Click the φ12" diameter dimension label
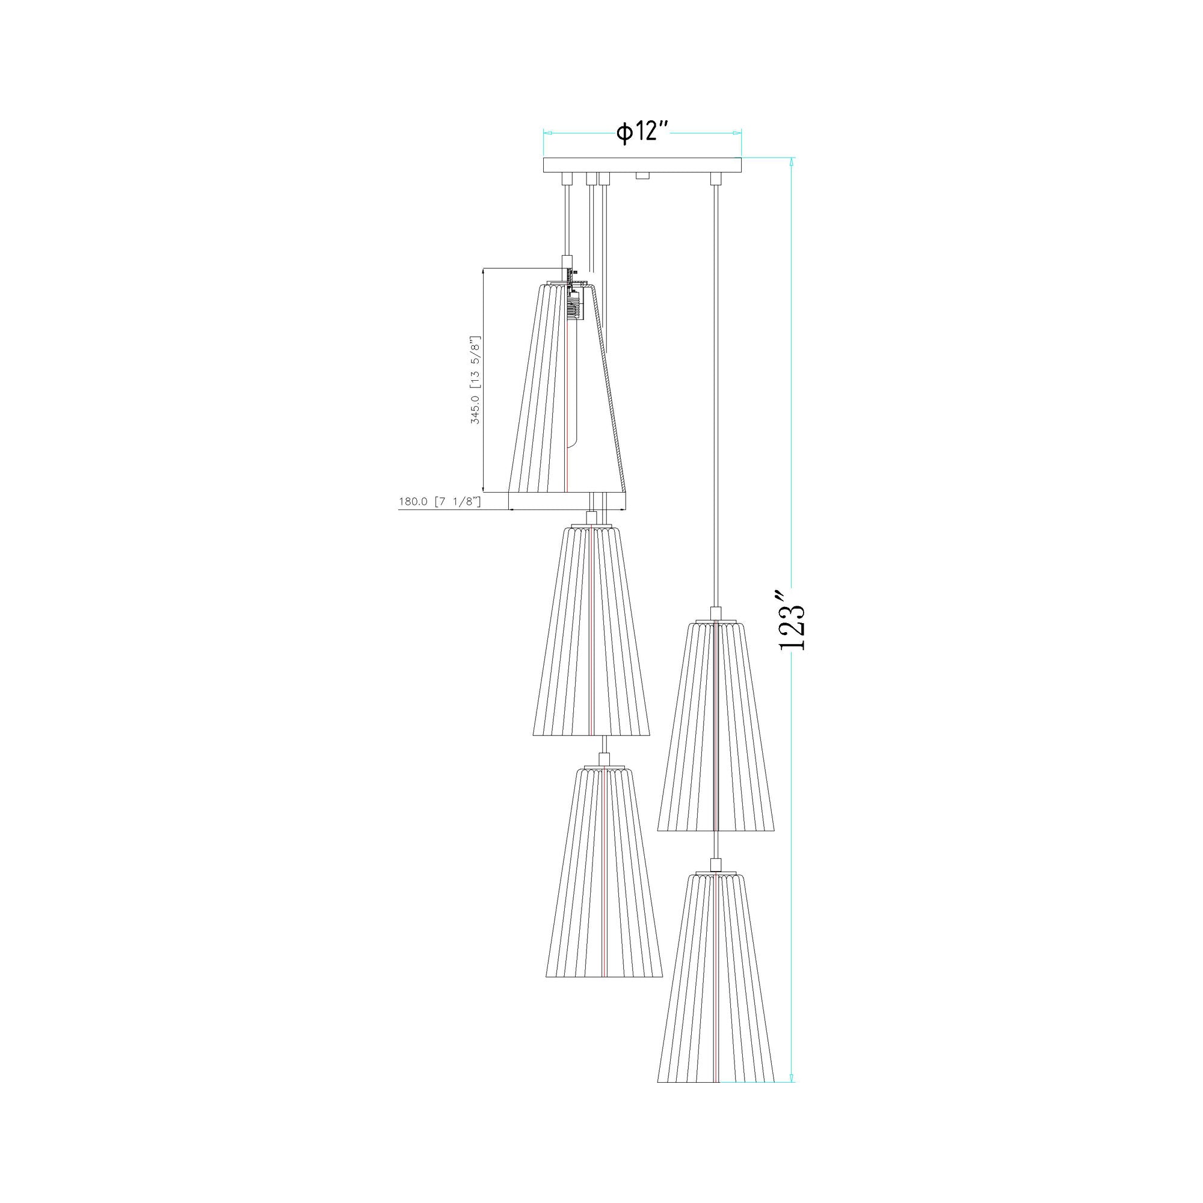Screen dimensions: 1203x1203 (642, 132)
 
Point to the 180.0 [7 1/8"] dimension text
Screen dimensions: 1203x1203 (440, 501)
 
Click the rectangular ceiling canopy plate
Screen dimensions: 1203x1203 (642, 165)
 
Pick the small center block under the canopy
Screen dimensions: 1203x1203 (643, 177)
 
